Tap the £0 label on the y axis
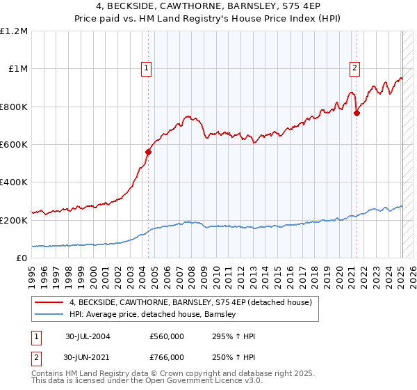click(21, 258)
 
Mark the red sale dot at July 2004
click(148, 152)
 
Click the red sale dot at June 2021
click(357, 113)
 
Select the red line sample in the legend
click(49, 302)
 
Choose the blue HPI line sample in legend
click(49, 315)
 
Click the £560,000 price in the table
click(167, 336)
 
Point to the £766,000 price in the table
click(167, 357)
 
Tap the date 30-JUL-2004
click(88, 336)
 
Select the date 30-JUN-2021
click(88, 357)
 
